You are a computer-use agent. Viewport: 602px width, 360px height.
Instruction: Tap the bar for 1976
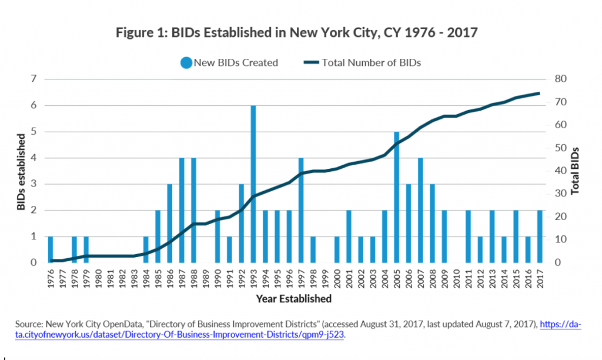(x=51, y=249)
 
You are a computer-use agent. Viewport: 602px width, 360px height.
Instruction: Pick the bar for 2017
(x=540, y=236)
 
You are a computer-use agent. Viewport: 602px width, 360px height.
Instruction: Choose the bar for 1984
(x=146, y=249)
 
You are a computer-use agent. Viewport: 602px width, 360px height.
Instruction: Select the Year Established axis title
(x=293, y=299)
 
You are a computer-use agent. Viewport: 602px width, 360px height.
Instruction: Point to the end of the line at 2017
(x=540, y=93)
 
